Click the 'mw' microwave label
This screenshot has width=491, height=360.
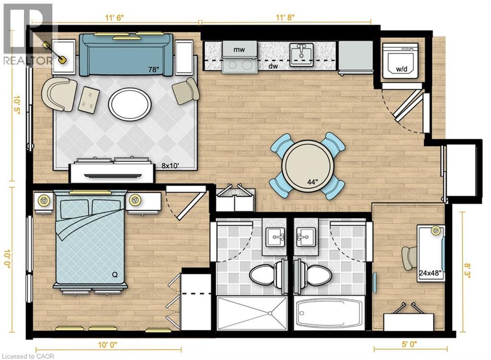[x=239, y=49]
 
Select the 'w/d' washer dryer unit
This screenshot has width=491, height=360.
[x=401, y=61]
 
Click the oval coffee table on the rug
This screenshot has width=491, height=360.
[x=129, y=104]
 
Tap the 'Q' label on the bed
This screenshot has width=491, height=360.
[x=115, y=275]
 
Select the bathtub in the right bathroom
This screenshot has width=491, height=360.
[x=329, y=313]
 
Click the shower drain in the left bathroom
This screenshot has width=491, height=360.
[x=269, y=313]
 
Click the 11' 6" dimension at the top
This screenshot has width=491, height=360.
[x=114, y=18]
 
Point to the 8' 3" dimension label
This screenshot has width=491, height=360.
[x=467, y=272]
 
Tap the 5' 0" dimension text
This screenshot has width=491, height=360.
[x=409, y=345]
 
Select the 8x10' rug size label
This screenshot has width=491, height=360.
[x=170, y=166]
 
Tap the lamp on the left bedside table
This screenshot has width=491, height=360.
[x=43, y=200]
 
